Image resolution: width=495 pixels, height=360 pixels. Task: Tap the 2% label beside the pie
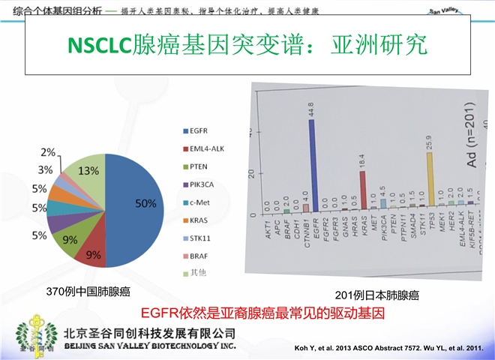point(47,153)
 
